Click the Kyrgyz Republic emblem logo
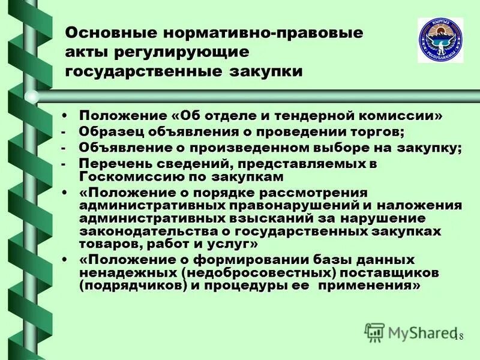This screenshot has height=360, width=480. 440,40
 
